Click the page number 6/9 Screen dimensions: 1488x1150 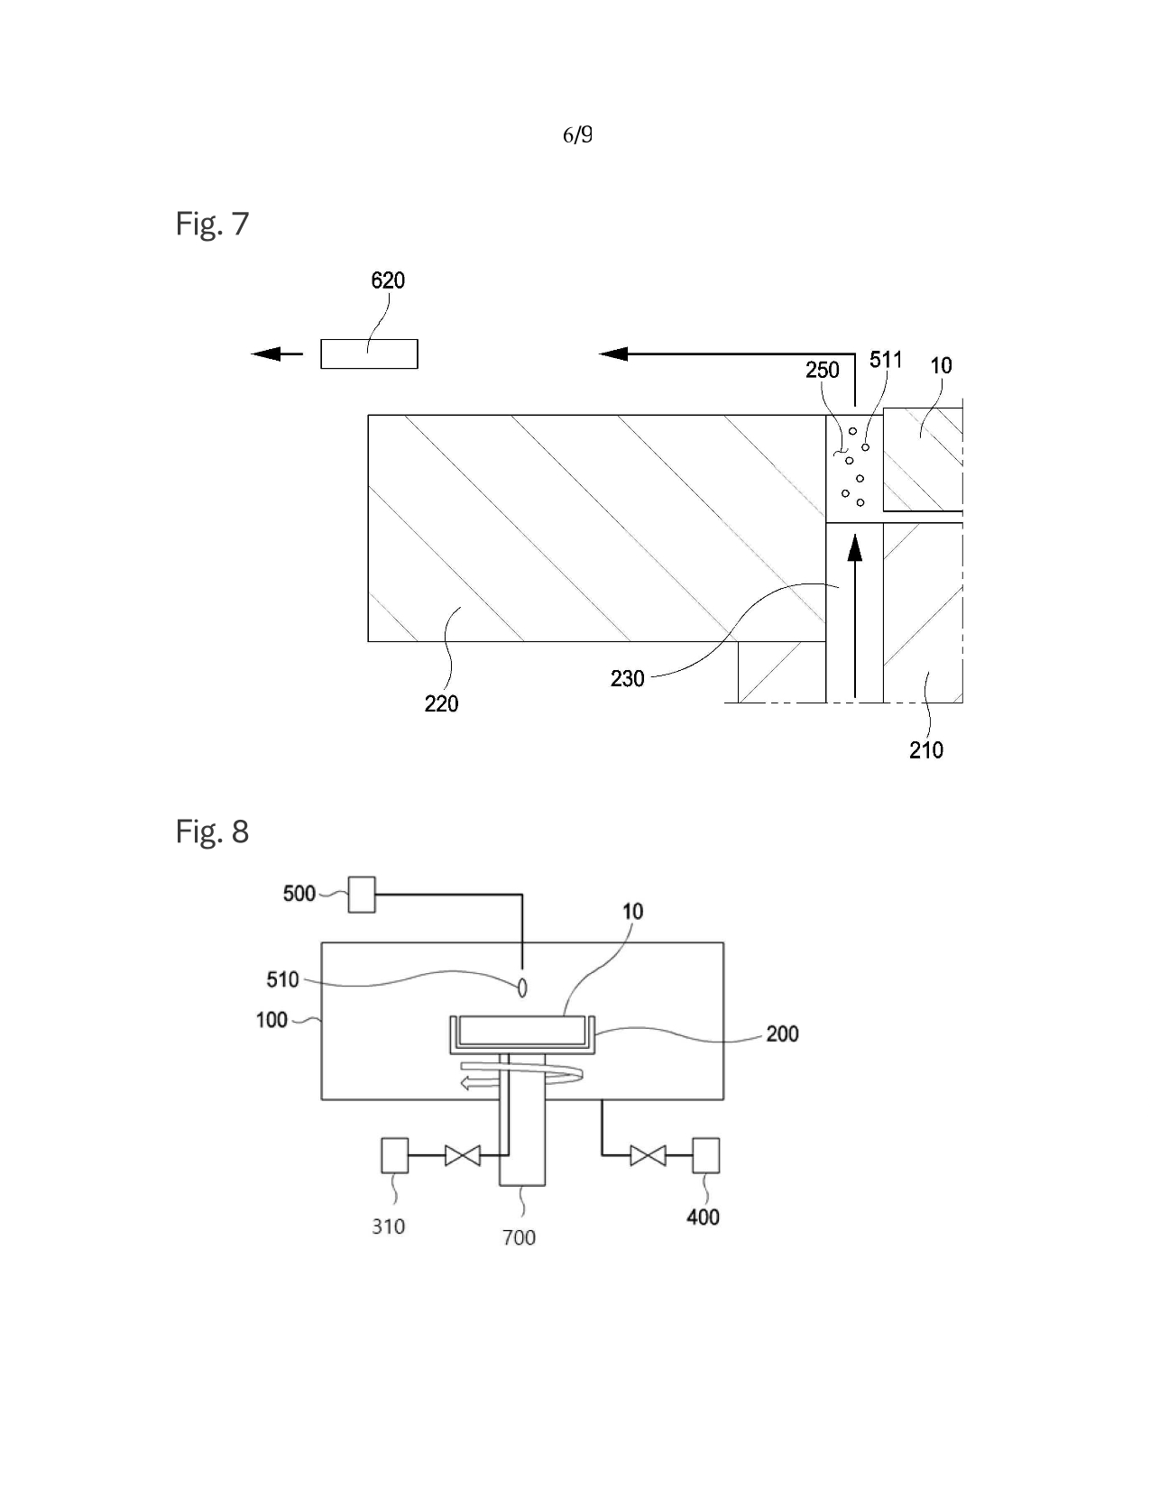[577, 135]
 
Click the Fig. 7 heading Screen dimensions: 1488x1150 [212, 224]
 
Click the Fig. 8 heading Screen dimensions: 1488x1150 [212, 831]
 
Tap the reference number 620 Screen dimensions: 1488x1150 [388, 280]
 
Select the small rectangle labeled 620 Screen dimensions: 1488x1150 [369, 354]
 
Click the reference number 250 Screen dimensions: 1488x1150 [822, 370]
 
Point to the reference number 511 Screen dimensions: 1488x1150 [886, 360]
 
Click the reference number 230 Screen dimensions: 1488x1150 [627, 678]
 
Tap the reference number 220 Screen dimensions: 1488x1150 [441, 703]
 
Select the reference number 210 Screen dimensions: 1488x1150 [925, 750]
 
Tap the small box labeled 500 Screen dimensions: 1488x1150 [362, 895]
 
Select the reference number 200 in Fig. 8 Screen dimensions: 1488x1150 [782, 1033]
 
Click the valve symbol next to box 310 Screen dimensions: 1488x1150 [463, 1154]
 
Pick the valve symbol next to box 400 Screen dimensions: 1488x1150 [648, 1154]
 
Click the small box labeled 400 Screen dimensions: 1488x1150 [705, 1155]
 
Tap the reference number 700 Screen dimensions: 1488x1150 [519, 1237]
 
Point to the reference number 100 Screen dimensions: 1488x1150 [271, 1020]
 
